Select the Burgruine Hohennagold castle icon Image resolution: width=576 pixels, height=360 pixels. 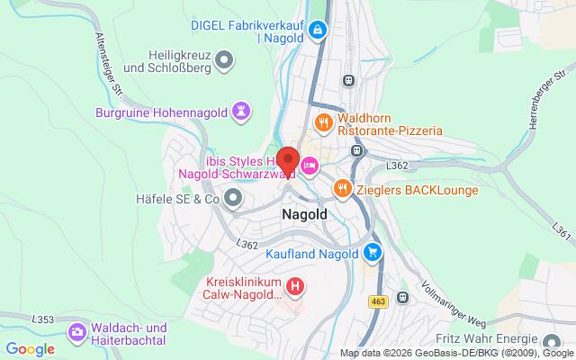click(x=241, y=112)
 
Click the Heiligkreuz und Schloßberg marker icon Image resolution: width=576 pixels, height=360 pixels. click(x=225, y=60)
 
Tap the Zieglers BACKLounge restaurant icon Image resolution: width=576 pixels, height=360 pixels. click(x=341, y=188)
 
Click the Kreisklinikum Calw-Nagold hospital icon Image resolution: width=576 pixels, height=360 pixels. click(x=295, y=287)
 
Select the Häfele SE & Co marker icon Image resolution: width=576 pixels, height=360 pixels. click(x=234, y=197)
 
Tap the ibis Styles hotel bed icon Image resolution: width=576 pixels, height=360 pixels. click(x=310, y=166)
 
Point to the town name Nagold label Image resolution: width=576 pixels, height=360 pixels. click(x=304, y=215)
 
